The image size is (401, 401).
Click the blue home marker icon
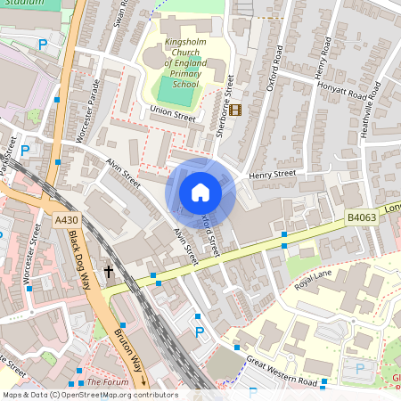click(200, 192)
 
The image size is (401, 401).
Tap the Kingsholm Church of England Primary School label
click(184, 62)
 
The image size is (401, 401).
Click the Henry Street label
click(272, 174)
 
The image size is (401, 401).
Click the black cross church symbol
click(109, 271)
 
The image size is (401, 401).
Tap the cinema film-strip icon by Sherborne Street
click(235, 110)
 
